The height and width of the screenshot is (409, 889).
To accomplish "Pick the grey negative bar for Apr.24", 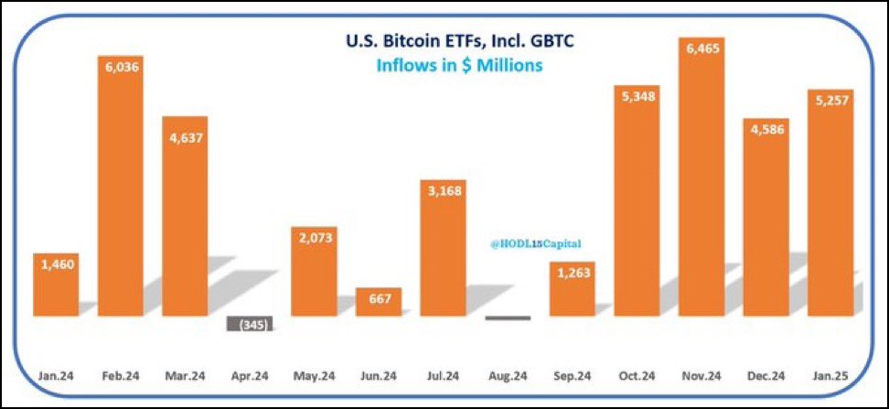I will coord(250,324).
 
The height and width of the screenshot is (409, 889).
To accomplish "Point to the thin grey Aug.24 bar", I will coord(508,318).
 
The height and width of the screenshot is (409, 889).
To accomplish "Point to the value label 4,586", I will coord(766,127).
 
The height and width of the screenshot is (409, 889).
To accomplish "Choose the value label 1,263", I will coord(573,274).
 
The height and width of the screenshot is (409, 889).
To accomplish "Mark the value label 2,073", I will coord(315,239).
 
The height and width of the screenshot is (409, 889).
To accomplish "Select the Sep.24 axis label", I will coord(573,375).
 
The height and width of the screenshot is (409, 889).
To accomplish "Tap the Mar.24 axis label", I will coord(186,375).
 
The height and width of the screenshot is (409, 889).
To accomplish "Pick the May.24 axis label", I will coord(315,375).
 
